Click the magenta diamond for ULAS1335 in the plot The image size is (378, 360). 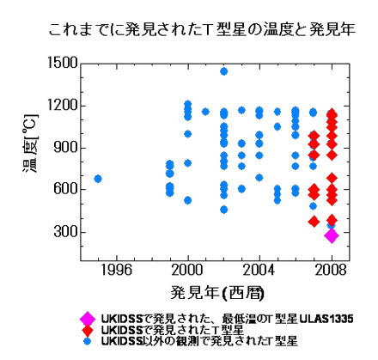pos(332,235)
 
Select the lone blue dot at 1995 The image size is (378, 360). pos(97,179)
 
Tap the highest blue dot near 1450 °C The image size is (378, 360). pos(224,71)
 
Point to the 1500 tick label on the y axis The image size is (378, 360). pos(64,64)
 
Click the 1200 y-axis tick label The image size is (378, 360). pos(64,106)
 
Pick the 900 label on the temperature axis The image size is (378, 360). pos(67,148)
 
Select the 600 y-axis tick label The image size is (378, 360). pos(67,190)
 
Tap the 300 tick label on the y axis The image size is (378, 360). pos(67,232)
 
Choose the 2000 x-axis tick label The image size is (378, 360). pos(187,269)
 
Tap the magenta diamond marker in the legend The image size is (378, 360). pos(87,317)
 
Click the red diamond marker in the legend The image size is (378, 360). pos(87,329)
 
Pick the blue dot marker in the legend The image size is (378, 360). pos(87,341)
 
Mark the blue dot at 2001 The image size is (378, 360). pos(205,112)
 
